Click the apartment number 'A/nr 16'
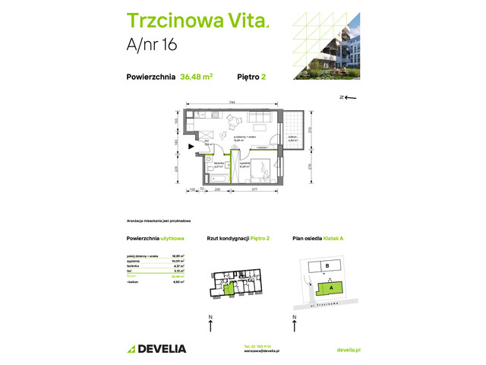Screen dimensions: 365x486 152,45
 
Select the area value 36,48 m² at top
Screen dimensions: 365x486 196,76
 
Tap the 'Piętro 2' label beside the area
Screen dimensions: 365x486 250,76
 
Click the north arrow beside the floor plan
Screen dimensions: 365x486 350,97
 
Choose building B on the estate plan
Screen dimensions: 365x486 326,266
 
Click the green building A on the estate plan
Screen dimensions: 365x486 331,287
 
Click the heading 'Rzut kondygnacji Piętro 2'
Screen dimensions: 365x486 239,239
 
